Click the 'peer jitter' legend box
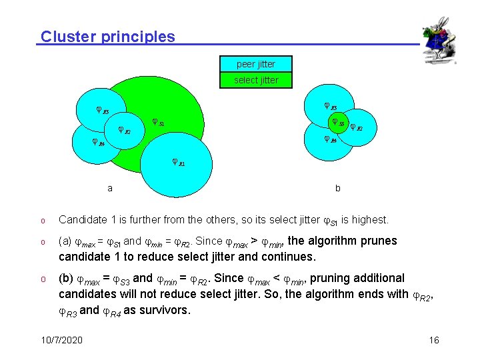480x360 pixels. [x=256, y=64]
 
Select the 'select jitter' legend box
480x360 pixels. [x=256, y=80]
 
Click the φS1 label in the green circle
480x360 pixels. [x=158, y=123]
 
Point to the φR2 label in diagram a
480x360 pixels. [x=125, y=130]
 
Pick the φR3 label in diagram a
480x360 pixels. [x=103, y=111]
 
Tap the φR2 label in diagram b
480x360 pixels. [x=356, y=127]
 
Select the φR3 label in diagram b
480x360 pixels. [x=331, y=106]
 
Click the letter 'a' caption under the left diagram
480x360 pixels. [x=110, y=188]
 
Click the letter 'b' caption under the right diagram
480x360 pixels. [x=338, y=188]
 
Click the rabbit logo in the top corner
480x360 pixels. [x=439, y=39]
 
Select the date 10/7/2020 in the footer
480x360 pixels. [x=61, y=340]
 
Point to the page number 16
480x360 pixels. [x=434, y=340]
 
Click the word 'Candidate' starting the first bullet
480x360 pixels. [x=83, y=219]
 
